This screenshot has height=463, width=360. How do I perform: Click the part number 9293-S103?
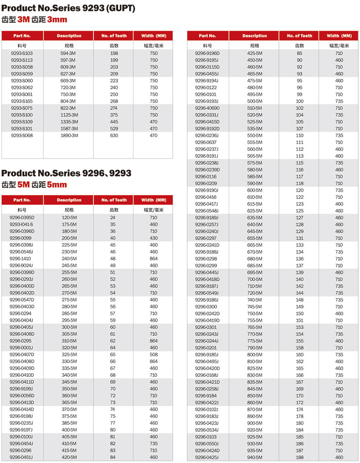[x=22, y=53]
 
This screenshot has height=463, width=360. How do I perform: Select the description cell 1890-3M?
[x=69, y=135]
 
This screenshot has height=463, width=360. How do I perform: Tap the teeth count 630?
[x=114, y=135]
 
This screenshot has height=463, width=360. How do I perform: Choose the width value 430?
[x=154, y=238]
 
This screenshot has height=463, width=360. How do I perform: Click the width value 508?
[x=154, y=354]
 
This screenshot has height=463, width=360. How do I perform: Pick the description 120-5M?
[x=69, y=217]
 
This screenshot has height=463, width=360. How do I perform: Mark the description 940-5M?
[x=255, y=457]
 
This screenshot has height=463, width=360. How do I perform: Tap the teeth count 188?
[x=299, y=457]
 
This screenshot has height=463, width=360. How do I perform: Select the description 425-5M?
[x=255, y=53]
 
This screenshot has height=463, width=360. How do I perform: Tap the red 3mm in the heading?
[x=57, y=19]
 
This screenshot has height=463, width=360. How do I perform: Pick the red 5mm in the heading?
[x=57, y=184]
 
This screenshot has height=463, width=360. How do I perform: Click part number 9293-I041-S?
[x=22, y=224]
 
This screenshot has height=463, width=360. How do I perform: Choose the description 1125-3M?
[x=69, y=115]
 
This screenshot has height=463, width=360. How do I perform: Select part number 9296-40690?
[x=207, y=108]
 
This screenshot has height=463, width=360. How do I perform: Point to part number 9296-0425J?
[x=207, y=457]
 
